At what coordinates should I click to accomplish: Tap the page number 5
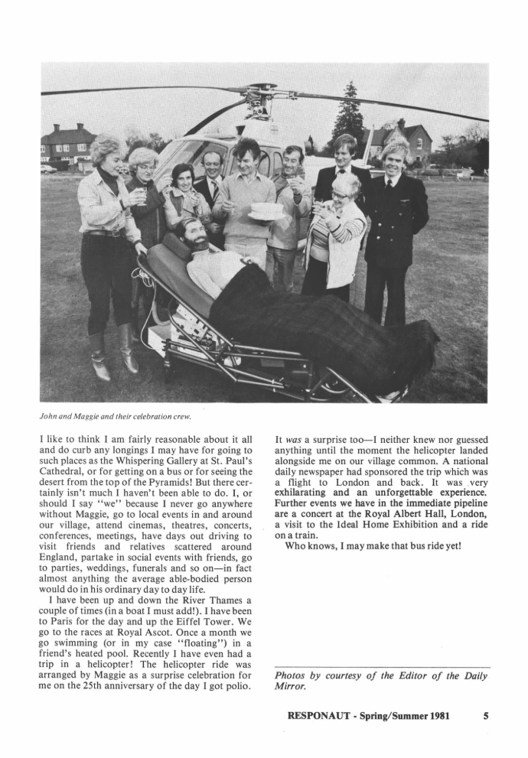[486, 717]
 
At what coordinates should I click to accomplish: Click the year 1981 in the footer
[435, 717]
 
